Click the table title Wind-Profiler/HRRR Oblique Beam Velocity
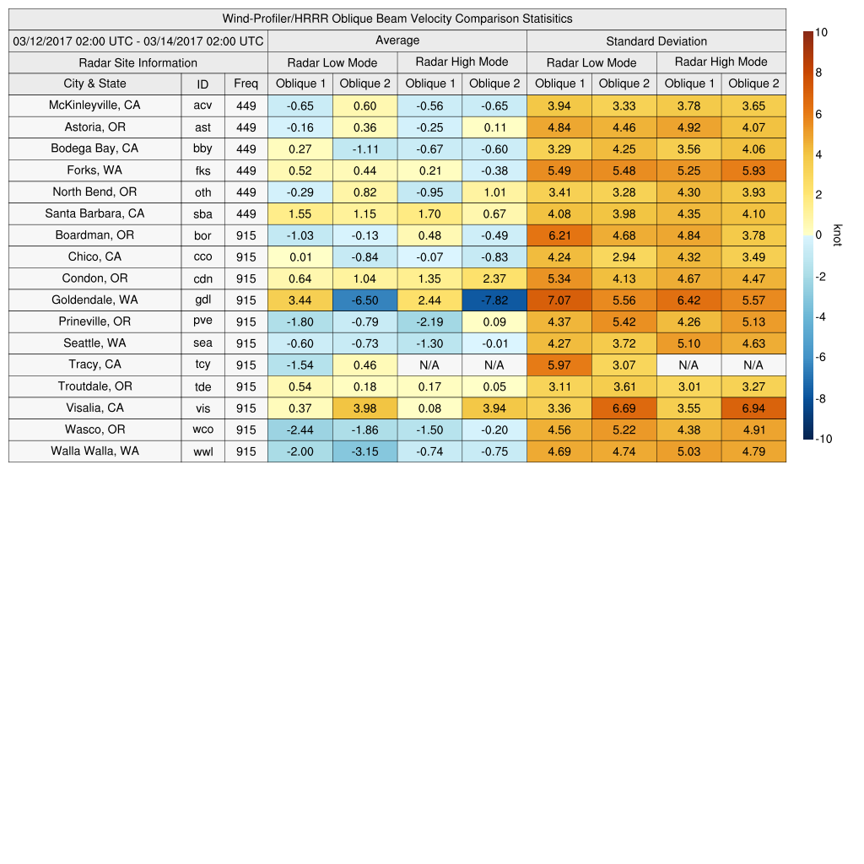(x=397, y=19)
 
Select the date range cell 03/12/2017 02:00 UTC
(x=138, y=40)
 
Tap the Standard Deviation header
(x=656, y=40)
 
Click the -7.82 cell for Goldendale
(x=494, y=300)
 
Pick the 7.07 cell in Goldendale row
(x=559, y=300)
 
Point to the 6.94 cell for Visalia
(x=753, y=408)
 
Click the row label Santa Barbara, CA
(x=94, y=213)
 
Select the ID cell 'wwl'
(x=202, y=451)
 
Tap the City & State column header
(x=94, y=84)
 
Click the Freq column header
(x=246, y=84)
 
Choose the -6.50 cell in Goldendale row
(x=364, y=300)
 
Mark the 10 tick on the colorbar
(x=821, y=32)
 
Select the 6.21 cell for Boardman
(x=559, y=235)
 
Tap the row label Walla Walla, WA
(x=94, y=451)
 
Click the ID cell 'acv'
(x=202, y=105)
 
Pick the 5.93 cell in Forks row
(x=753, y=170)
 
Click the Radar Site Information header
(x=138, y=62)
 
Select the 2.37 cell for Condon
(x=494, y=278)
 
